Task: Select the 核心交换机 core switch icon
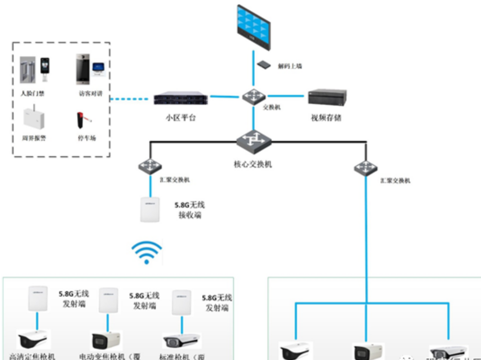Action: coord(254,141)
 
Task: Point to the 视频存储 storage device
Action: coord(328,98)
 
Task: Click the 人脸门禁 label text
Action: coord(32,94)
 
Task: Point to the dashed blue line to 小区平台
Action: coord(130,98)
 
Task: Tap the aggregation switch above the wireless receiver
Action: coord(150,166)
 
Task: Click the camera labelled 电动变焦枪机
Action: coord(107,341)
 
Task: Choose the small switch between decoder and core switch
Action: coord(254,96)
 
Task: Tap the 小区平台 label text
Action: coord(180,118)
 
